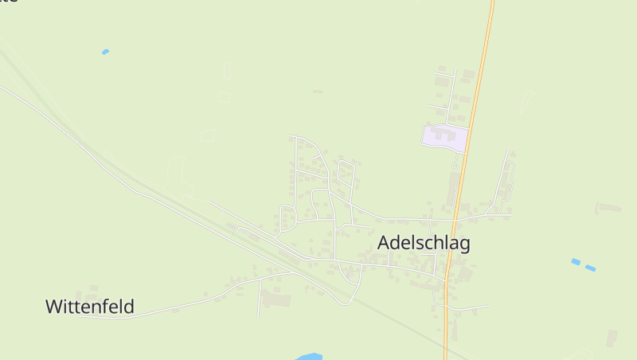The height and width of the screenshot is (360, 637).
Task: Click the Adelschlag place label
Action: click(x=424, y=243)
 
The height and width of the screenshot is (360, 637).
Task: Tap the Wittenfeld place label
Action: click(x=89, y=306)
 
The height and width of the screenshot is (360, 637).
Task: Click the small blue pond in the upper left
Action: click(x=105, y=52)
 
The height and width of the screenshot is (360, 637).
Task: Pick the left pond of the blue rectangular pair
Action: click(x=576, y=261)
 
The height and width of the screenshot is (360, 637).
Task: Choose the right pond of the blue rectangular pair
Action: click(x=590, y=268)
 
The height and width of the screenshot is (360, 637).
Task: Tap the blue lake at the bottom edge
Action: click(x=309, y=356)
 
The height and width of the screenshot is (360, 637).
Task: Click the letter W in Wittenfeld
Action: click(x=53, y=306)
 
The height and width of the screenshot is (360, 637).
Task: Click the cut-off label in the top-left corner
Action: click(x=8, y=2)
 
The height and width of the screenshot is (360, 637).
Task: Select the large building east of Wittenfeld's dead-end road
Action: click(x=277, y=300)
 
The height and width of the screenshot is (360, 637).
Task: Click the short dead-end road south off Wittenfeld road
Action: click(x=260, y=299)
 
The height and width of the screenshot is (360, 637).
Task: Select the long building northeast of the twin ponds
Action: click(x=610, y=208)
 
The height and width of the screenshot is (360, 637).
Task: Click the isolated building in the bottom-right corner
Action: click(x=612, y=338)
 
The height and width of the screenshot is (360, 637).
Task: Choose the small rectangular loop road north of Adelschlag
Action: click(x=346, y=170)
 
